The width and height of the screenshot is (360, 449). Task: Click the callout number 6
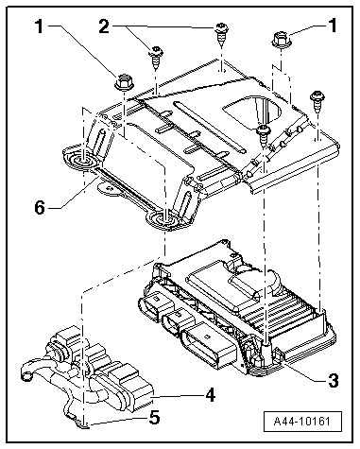(40, 208)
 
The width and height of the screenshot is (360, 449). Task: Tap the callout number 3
(334, 380)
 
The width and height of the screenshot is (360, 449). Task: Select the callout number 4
(210, 394)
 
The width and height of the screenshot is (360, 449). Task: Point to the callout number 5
(154, 418)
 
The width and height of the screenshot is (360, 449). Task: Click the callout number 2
(104, 26)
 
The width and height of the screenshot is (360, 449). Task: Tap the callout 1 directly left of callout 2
(40, 26)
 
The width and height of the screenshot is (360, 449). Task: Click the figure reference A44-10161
(302, 422)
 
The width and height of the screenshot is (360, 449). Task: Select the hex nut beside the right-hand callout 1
(281, 40)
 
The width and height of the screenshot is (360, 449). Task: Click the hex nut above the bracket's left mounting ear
(125, 82)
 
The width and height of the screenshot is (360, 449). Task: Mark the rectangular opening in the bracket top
(252, 112)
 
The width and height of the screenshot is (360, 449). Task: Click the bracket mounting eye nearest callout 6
(82, 158)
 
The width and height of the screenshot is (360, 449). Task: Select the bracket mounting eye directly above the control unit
(164, 220)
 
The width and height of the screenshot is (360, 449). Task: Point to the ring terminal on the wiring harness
(26, 374)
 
